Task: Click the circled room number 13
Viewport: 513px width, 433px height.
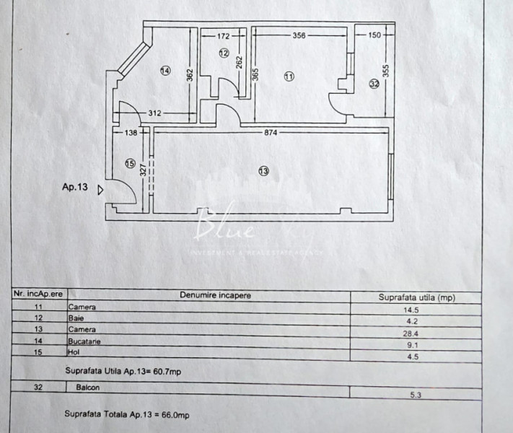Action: (263, 171)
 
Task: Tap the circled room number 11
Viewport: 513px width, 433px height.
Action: (289, 76)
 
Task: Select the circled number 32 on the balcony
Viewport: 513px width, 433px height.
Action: (374, 84)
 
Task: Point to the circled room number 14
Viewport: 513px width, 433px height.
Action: (165, 71)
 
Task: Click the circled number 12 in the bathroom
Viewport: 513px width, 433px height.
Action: (224, 53)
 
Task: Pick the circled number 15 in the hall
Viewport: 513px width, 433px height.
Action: (130, 163)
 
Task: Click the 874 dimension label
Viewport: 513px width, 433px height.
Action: (271, 133)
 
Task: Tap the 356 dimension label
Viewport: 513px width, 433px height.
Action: (299, 35)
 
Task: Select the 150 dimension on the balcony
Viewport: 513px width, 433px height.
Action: (374, 35)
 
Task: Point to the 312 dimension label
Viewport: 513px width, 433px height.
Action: (154, 113)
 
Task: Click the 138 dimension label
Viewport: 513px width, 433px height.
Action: (131, 133)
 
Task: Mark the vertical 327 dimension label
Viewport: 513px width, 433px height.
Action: (144, 170)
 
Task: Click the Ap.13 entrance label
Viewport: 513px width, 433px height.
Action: (75, 187)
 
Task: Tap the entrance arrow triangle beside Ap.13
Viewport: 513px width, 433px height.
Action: (100, 190)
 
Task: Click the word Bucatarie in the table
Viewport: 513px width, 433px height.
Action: (84, 341)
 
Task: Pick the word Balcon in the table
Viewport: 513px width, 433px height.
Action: (88, 388)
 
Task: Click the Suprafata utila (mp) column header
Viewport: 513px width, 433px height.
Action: (417, 297)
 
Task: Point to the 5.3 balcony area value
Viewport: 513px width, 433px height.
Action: (416, 395)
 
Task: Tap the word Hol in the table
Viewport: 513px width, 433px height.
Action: (74, 352)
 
